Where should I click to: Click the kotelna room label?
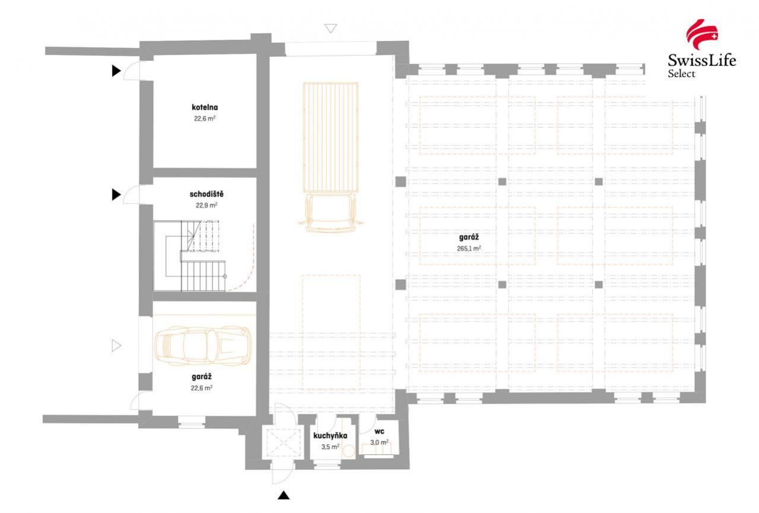pyautogui.click(x=205, y=107)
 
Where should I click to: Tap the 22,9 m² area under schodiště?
pyautogui.click(x=207, y=205)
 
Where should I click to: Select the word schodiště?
pyautogui.click(x=207, y=194)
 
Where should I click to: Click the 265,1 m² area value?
pyautogui.click(x=469, y=248)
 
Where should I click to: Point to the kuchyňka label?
pyautogui.click(x=330, y=435)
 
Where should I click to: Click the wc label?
pyautogui.click(x=379, y=431)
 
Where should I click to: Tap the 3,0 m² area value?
pyautogui.click(x=379, y=442)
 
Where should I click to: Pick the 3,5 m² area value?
pyautogui.click(x=330, y=447)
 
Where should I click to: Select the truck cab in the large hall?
pyautogui.click(x=331, y=213)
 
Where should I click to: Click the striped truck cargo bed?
pyautogui.click(x=331, y=138)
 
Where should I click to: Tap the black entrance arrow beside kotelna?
pyautogui.click(x=116, y=71)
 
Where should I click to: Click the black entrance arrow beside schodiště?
pyautogui.click(x=116, y=195)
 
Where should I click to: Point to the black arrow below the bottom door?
pyautogui.click(x=284, y=495)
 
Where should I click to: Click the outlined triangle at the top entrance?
pyautogui.click(x=331, y=28)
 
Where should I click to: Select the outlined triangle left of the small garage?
pyautogui.click(x=116, y=346)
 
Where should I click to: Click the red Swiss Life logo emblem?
pyautogui.click(x=701, y=34)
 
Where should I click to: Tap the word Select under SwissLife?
pyautogui.click(x=681, y=74)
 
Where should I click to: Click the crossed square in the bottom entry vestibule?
pyautogui.click(x=283, y=442)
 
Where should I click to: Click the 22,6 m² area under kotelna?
pyautogui.click(x=205, y=119)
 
